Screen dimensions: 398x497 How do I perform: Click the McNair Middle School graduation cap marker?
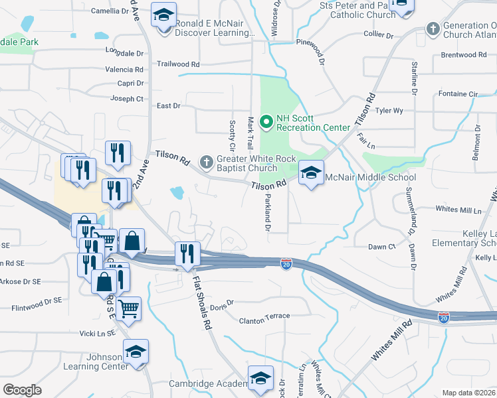point(310,174)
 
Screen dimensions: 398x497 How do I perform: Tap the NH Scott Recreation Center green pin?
point(266,121)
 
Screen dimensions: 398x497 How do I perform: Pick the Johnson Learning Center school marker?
point(136,351)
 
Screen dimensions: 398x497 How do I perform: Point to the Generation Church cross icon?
point(433,29)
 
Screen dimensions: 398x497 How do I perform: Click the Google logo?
point(23,389)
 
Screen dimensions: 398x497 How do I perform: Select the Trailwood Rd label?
point(178,64)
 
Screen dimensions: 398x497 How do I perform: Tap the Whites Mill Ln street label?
point(458,210)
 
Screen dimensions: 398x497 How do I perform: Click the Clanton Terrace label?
point(261,321)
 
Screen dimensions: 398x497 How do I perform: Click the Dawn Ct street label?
point(381,247)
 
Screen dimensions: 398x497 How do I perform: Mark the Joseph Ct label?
point(126,99)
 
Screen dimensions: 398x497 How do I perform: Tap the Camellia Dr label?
point(109,11)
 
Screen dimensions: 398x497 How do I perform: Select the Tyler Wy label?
point(389,111)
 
